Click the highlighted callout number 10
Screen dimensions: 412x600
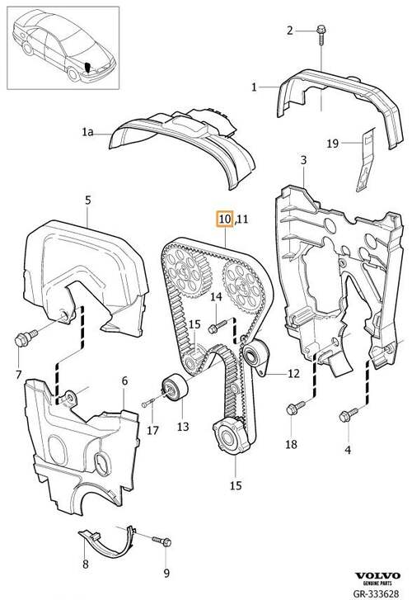(x=225, y=219)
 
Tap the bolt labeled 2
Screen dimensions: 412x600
(x=321, y=35)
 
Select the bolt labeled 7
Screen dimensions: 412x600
(x=26, y=337)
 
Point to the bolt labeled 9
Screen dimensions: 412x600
(x=162, y=541)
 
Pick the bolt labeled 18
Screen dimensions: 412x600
(x=296, y=407)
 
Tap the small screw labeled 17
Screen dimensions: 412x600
(x=147, y=402)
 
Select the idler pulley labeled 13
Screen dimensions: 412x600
(x=175, y=387)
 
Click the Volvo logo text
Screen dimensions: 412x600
(x=377, y=575)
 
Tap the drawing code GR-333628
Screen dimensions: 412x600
(x=376, y=593)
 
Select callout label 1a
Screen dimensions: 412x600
(x=87, y=132)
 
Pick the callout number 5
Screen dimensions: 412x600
(x=88, y=200)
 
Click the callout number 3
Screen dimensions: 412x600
(x=303, y=160)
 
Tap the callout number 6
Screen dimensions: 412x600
(x=124, y=381)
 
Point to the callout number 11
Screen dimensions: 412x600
(x=242, y=220)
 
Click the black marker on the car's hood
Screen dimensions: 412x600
(x=89, y=68)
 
